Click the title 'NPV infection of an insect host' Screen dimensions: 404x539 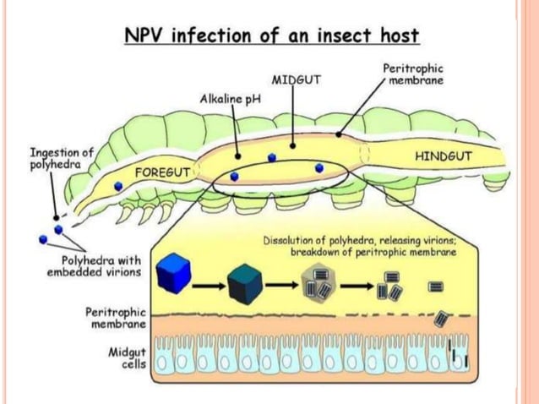272,36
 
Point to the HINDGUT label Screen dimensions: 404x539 444,156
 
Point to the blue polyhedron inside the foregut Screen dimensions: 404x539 118,196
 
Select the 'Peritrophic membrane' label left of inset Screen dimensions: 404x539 117,318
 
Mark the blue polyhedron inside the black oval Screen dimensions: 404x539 234,176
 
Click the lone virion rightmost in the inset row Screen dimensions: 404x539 436,287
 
